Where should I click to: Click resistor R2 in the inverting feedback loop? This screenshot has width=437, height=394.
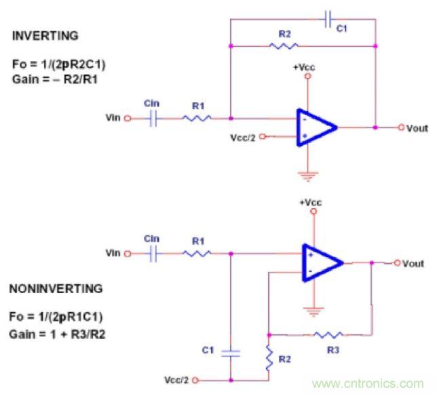point(283,46)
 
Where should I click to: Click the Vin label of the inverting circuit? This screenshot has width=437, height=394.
point(113,118)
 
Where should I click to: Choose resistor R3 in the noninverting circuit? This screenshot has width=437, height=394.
point(328,334)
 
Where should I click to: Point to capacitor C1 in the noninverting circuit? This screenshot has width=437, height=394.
point(231,352)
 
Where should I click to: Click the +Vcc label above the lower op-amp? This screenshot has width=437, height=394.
point(313,202)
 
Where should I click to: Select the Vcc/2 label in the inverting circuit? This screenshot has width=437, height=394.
point(245,136)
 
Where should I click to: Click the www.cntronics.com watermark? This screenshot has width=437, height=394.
point(367,383)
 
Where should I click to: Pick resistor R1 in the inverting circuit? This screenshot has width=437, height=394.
point(196,118)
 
